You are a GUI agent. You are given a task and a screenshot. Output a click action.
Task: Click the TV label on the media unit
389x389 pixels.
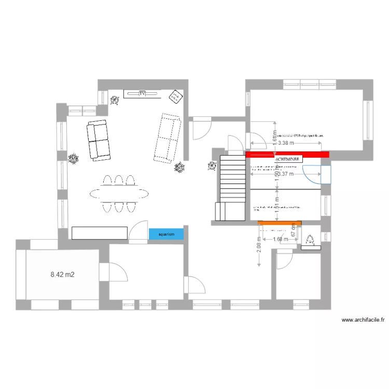tap(142, 93)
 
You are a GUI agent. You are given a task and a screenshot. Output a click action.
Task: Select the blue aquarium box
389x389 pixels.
tap(166, 234)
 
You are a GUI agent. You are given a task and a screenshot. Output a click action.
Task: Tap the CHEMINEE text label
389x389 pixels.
tap(288, 160)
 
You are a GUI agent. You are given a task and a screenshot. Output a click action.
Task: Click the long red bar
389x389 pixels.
tap(287, 154)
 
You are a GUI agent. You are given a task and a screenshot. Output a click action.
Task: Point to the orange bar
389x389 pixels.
tap(280, 223)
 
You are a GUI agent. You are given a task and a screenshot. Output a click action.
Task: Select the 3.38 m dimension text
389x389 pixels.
tap(286, 143)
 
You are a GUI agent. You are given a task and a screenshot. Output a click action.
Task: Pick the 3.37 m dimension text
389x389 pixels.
tap(286, 174)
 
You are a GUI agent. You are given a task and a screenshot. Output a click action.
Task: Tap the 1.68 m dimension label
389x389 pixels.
tap(280, 239)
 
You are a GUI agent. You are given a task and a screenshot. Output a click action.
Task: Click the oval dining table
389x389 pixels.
tap(119, 193)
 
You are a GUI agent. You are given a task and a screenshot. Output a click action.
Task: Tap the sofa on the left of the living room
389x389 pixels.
tap(99, 140)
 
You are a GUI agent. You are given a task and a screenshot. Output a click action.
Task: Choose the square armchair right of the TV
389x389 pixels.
tap(175, 95)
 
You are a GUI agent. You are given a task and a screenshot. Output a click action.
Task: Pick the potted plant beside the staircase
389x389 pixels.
tap(212, 166)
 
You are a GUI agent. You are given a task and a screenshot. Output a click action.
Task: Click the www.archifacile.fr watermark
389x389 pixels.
tap(363, 321)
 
